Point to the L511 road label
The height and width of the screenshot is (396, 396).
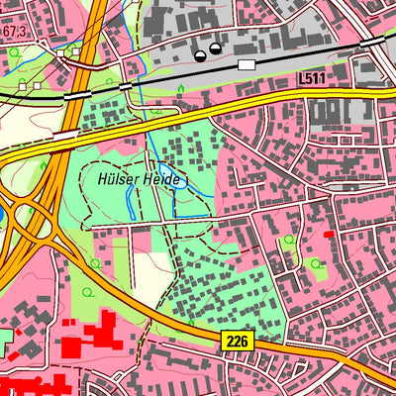click(x=311, y=76)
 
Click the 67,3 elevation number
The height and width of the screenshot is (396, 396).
click(x=12, y=33)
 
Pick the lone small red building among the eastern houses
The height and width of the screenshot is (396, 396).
click(x=329, y=235)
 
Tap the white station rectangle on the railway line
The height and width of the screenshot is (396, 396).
click(x=246, y=64)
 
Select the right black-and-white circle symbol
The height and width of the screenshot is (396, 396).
click(x=215, y=48)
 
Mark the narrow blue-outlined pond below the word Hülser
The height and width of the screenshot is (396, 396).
click(x=132, y=202)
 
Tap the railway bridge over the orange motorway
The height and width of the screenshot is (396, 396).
click(x=73, y=96)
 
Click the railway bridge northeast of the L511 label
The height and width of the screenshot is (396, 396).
click(x=371, y=44)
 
